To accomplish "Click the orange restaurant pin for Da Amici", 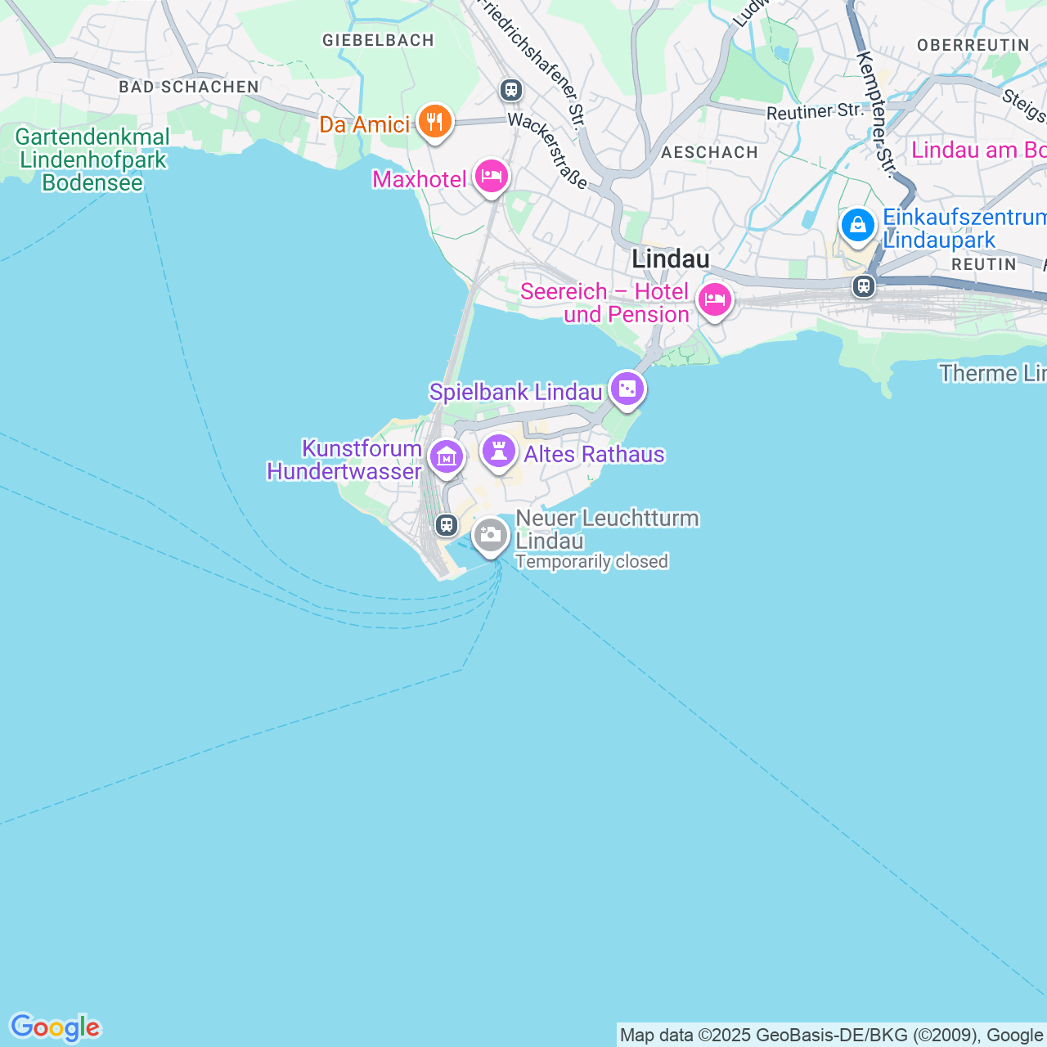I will [x=434, y=123].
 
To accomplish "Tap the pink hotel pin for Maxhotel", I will [x=491, y=176].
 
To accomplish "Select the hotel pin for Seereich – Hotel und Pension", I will [x=714, y=300].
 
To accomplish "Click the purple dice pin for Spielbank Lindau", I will [x=627, y=389].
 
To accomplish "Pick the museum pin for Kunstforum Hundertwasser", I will [x=446, y=456].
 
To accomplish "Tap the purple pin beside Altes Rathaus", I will [x=499, y=452].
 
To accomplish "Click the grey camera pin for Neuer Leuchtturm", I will [x=491, y=536].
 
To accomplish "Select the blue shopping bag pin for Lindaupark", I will [x=857, y=225].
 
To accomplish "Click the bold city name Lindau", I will [x=670, y=259].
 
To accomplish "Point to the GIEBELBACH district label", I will [x=378, y=40].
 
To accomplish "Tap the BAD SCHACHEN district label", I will [x=189, y=87].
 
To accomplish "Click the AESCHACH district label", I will [x=709, y=152].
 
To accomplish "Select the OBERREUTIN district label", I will [x=973, y=45].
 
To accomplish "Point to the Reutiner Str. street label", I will [x=815, y=111].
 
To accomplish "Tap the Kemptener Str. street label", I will [x=874, y=114].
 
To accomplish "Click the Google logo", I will [x=55, y=1027].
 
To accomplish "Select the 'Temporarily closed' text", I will [x=591, y=562].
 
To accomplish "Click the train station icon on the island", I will [x=446, y=524].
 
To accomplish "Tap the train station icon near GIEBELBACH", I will [x=511, y=89].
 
